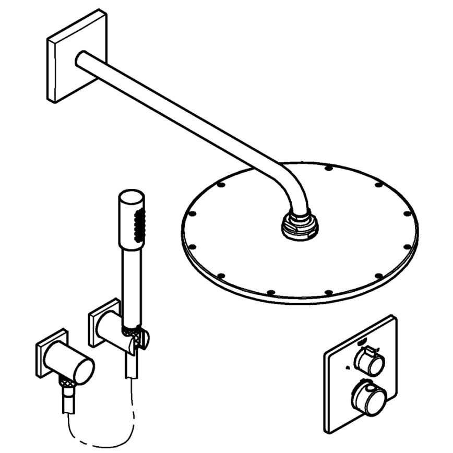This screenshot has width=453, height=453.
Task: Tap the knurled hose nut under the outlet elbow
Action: (67, 389)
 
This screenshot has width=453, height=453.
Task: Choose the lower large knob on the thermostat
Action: (369, 398)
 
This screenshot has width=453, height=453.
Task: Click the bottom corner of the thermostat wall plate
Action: (328, 429)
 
